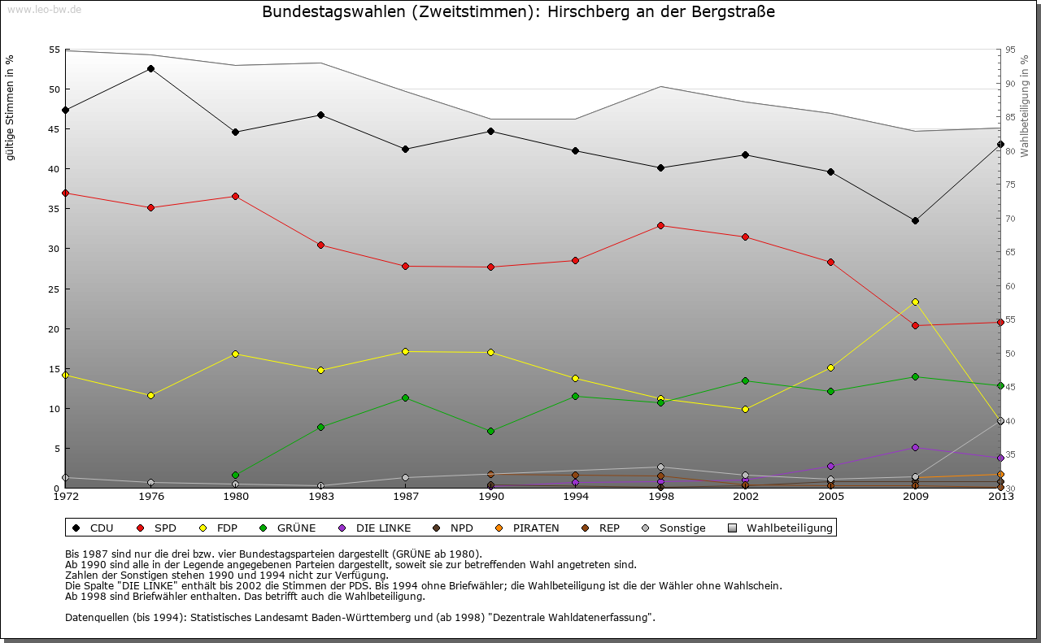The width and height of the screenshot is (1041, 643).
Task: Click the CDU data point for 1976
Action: point(150,68)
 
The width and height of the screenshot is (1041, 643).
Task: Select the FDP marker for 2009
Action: point(915,302)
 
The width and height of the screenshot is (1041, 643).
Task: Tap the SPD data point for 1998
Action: point(660,225)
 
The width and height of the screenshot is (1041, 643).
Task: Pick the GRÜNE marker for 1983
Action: point(320,427)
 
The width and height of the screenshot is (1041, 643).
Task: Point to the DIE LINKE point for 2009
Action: point(915,447)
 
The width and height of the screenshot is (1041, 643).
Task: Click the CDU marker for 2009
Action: point(915,220)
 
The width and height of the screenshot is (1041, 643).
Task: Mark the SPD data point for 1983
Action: point(320,245)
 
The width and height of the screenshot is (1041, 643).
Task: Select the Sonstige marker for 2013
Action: point(1000,421)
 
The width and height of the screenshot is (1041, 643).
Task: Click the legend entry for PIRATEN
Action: point(528,528)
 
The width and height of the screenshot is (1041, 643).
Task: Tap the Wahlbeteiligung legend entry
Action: point(782,528)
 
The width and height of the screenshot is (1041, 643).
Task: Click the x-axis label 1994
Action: point(575,496)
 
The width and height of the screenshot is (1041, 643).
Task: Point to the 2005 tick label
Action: point(830,496)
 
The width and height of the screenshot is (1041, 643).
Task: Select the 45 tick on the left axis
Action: point(54,129)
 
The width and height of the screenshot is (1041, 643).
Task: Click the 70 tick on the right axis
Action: point(1010,219)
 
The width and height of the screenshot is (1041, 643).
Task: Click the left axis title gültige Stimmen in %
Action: point(10,107)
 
